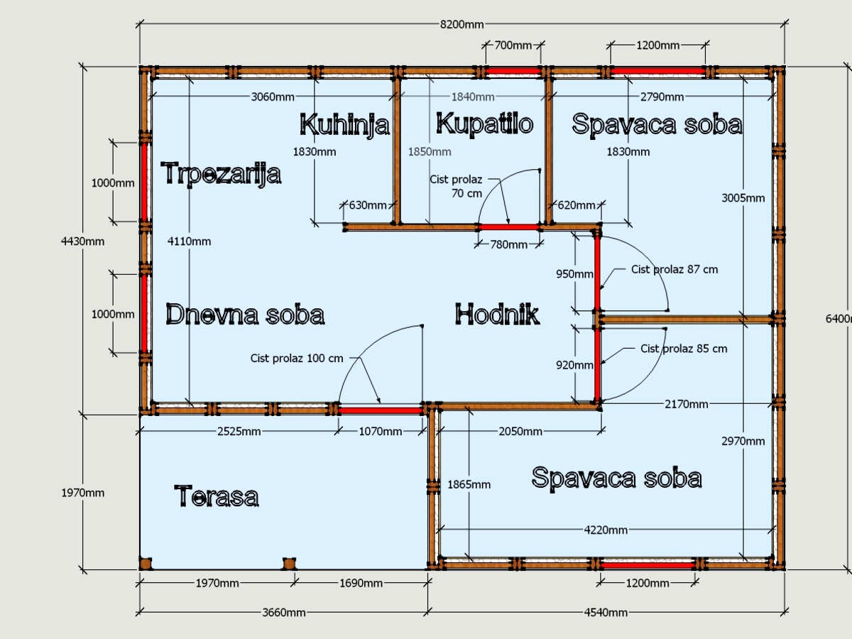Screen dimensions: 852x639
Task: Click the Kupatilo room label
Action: click(484, 124)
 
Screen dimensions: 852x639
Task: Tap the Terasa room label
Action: click(217, 496)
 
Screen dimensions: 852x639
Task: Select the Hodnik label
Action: click(497, 314)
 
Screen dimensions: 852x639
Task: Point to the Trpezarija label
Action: click(221, 174)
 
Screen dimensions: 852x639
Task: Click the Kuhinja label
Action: click(344, 125)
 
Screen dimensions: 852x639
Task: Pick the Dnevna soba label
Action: click(245, 314)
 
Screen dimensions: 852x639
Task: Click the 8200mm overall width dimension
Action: click(462, 24)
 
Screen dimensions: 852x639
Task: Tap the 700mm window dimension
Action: click(513, 45)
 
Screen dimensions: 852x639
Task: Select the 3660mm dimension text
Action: click(284, 613)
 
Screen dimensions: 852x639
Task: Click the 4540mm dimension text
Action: click(606, 613)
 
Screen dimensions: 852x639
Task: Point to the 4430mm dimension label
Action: click(82, 241)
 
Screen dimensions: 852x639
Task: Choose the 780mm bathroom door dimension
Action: click(508, 244)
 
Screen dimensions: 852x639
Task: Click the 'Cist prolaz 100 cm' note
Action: click(297, 358)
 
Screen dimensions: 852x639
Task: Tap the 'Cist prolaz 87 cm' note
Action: click(674, 269)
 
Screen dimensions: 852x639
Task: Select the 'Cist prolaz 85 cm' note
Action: click(684, 349)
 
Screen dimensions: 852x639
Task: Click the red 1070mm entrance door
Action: click(381, 410)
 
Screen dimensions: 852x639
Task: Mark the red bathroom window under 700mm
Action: click(513, 71)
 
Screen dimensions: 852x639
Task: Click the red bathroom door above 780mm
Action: click(509, 227)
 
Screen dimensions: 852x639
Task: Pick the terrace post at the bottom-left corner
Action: click(146, 564)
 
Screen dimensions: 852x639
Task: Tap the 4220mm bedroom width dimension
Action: click(606, 530)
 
